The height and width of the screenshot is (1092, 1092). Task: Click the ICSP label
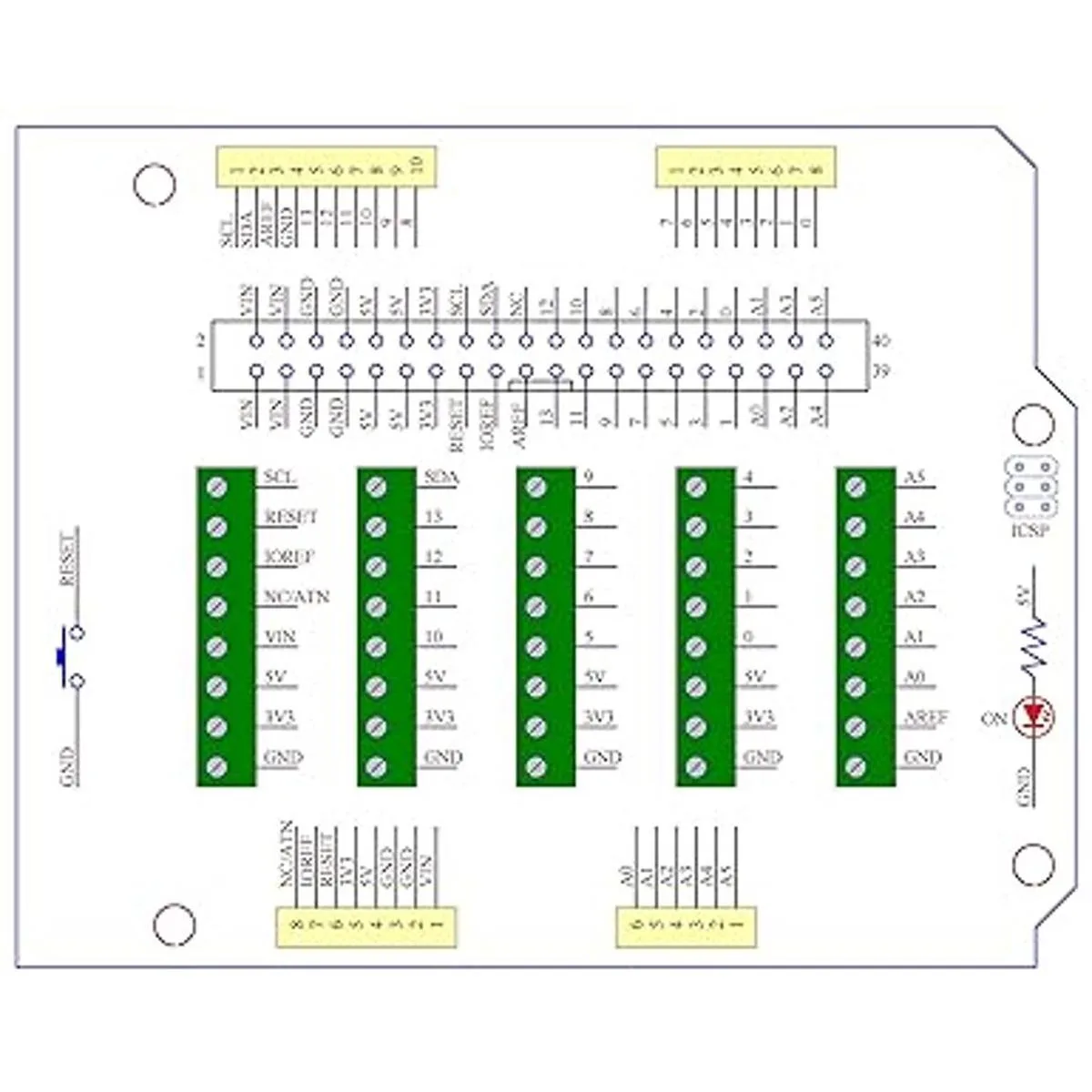click(x=1028, y=531)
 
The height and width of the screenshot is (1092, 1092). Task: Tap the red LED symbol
click(x=1033, y=718)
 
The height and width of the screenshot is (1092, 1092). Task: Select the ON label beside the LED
click(x=994, y=719)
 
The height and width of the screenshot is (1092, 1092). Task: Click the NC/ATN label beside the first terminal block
click(x=297, y=597)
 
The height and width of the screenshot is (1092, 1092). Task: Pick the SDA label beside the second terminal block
click(x=442, y=477)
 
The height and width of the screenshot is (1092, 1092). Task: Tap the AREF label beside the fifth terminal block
click(x=926, y=717)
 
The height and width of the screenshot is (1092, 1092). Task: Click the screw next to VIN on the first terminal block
click(x=217, y=647)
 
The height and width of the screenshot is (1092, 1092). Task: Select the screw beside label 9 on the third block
click(x=536, y=487)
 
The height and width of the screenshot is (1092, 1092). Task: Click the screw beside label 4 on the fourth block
click(x=696, y=487)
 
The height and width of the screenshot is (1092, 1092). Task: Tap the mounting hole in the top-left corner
click(x=154, y=185)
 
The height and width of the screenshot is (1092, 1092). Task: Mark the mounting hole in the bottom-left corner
click(x=174, y=925)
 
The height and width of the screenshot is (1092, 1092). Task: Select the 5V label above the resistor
click(x=1023, y=599)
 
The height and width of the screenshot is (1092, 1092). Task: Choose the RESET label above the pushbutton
click(x=66, y=557)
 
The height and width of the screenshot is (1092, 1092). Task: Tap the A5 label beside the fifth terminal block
click(x=915, y=477)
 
